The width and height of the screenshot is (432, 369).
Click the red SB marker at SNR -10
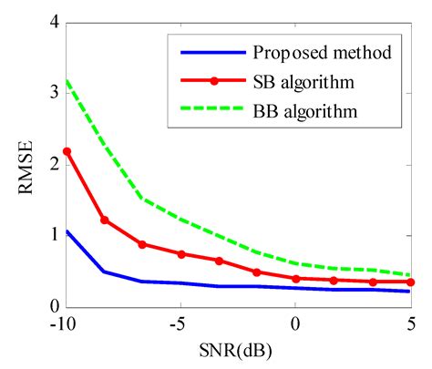pos(67,150)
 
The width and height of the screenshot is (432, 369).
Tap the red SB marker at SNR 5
pos(411,282)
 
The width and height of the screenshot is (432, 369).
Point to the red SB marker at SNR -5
pos(181,254)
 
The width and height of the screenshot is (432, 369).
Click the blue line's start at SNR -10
pos(67,231)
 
